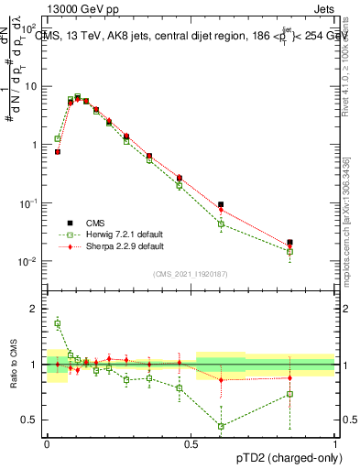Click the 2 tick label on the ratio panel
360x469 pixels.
tap(37, 309)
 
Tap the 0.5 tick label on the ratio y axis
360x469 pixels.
tap(32, 420)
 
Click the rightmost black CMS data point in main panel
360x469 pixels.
tap(290, 243)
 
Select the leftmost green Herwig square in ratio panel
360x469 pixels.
tap(58, 323)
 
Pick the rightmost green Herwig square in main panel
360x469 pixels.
tap(290, 251)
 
